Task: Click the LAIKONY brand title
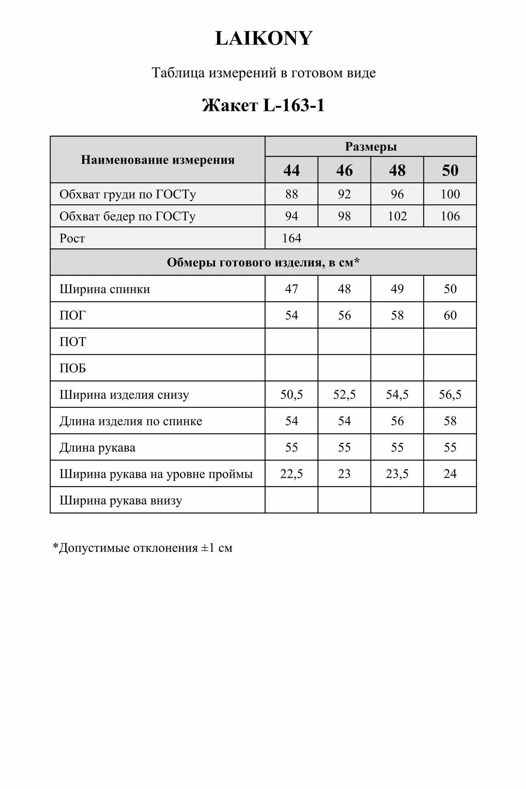(263, 38)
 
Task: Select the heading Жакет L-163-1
(263, 105)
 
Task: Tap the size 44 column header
(291, 170)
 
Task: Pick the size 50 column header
(450, 170)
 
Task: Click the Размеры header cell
(371, 147)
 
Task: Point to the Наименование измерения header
(157, 160)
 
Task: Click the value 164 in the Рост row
(292, 238)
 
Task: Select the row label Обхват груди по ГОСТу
(127, 194)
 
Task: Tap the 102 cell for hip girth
(397, 216)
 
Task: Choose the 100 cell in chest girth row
(450, 194)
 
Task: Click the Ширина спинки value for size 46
(344, 289)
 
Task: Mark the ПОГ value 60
(450, 315)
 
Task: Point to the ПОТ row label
(73, 342)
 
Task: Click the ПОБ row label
(73, 368)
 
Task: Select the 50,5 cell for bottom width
(291, 394)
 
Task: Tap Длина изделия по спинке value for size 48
(397, 421)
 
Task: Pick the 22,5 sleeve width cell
(291, 474)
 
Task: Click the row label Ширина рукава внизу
(121, 500)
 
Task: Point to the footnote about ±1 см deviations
(142, 548)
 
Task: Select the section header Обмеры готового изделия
(263, 262)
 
